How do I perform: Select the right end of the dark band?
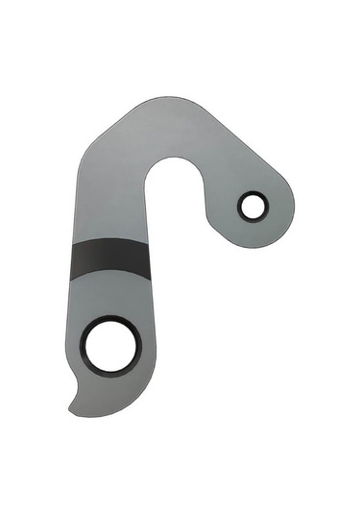point(148,257)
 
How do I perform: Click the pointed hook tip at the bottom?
point(72,409)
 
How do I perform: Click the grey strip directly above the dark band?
point(110,227)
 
